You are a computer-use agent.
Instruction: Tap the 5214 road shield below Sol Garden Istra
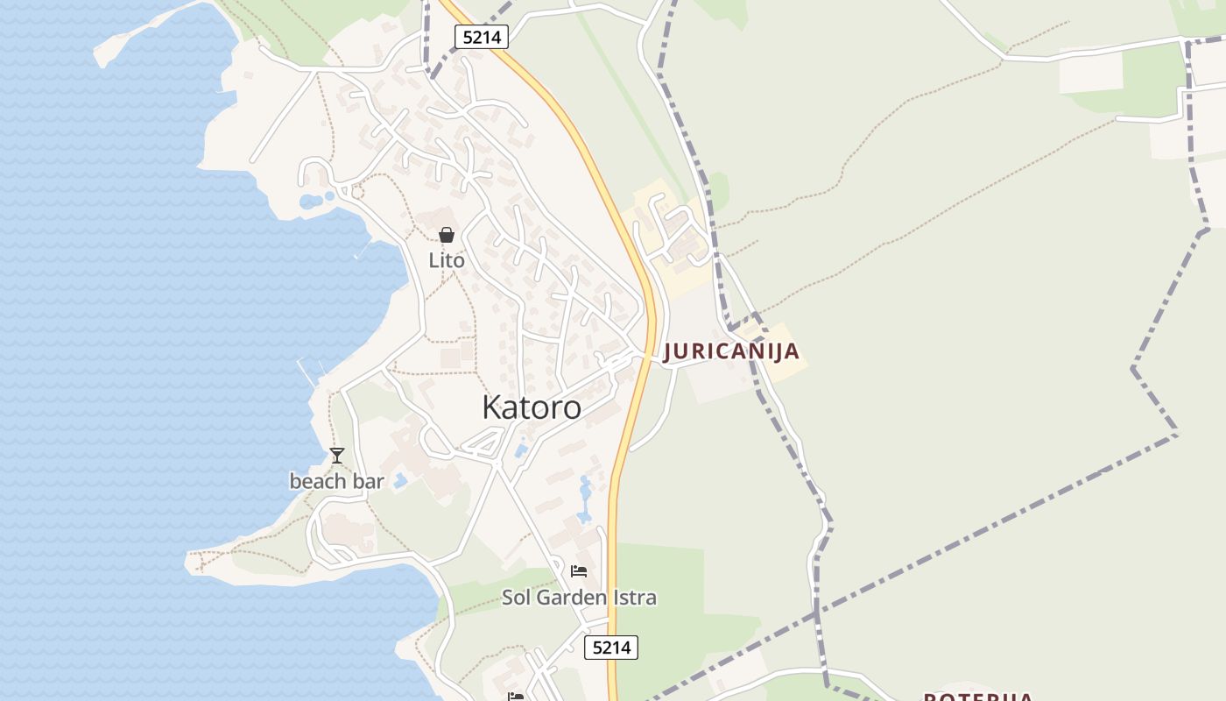click(611, 648)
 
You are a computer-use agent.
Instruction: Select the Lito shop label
click(447, 260)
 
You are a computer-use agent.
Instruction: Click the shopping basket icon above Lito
click(447, 235)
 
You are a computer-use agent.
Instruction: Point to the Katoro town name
click(532, 407)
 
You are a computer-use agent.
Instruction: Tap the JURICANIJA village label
click(731, 351)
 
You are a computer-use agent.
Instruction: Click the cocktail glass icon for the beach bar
click(337, 456)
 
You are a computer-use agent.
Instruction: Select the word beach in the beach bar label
click(313, 481)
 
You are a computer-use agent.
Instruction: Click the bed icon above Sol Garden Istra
click(579, 571)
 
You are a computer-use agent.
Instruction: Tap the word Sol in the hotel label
click(515, 598)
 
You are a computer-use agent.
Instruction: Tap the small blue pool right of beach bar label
click(400, 480)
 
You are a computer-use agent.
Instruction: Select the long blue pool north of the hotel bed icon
click(585, 497)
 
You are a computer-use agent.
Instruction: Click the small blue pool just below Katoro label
click(522, 450)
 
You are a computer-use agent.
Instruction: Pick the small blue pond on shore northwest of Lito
click(311, 202)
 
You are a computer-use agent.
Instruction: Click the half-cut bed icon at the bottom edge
click(516, 697)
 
